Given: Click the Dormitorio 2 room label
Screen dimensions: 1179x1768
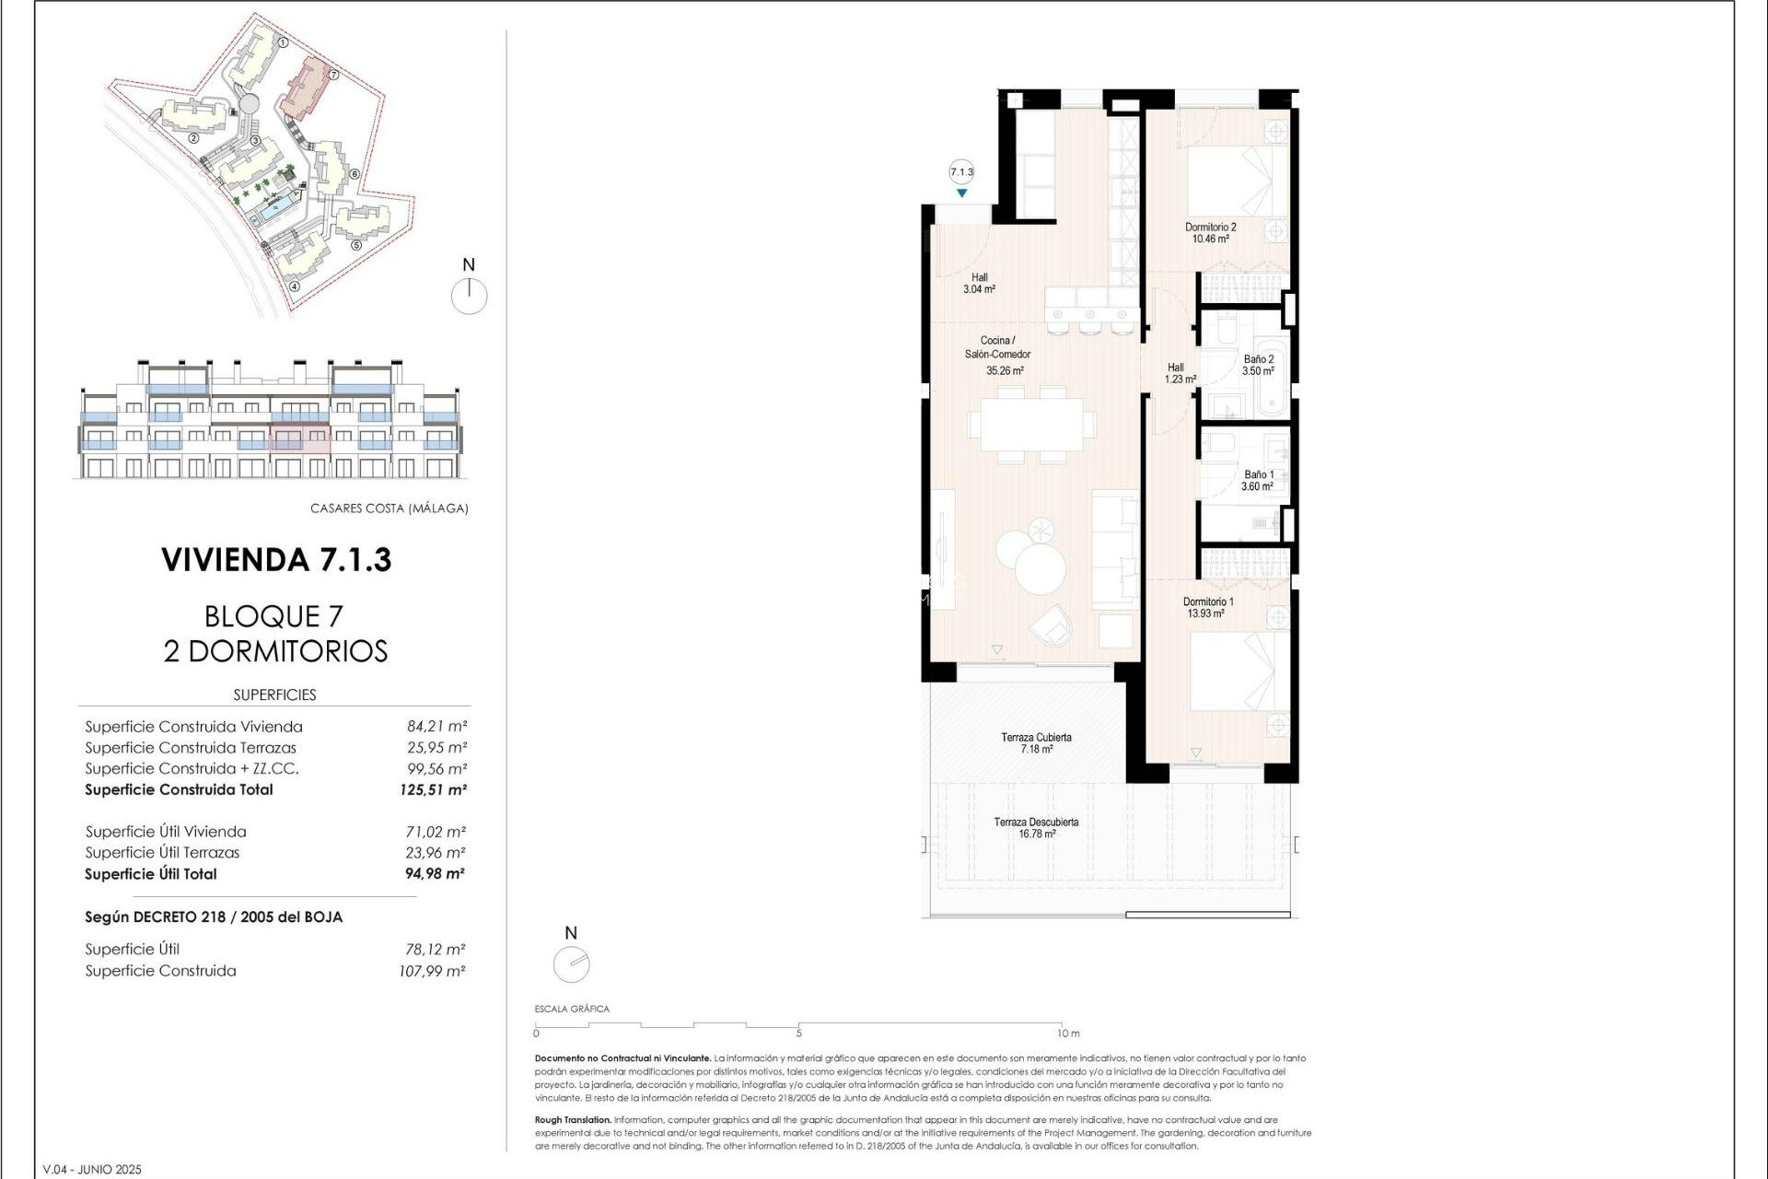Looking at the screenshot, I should point(1210,227).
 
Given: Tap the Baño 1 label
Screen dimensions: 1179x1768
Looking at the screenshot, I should point(1258,474).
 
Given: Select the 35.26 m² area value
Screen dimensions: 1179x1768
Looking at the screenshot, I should point(1004,371).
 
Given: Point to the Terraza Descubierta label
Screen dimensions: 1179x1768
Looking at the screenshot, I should point(1036,822).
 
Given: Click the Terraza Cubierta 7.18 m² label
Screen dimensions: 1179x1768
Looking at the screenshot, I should point(1036,742).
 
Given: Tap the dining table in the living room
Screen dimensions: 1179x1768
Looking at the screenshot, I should point(1030,425).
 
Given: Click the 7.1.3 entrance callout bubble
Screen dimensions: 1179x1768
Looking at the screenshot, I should point(961,172).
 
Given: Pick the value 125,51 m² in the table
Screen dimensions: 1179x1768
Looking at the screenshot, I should point(433,789).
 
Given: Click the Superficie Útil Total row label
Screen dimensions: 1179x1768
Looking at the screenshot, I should point(151,874).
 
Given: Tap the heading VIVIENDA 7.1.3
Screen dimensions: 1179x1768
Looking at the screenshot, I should point(276,559).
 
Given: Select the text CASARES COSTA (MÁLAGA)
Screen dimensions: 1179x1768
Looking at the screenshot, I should point(389,508).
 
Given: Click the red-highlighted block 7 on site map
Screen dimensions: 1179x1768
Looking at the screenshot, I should point(305,88).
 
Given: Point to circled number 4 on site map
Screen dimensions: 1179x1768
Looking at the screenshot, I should point(295,286).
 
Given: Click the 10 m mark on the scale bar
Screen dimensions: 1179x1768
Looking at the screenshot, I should point(1067,1033).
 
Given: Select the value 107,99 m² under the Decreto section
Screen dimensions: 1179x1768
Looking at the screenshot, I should point(431,971).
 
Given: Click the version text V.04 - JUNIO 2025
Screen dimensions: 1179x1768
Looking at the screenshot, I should point(93,1169).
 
